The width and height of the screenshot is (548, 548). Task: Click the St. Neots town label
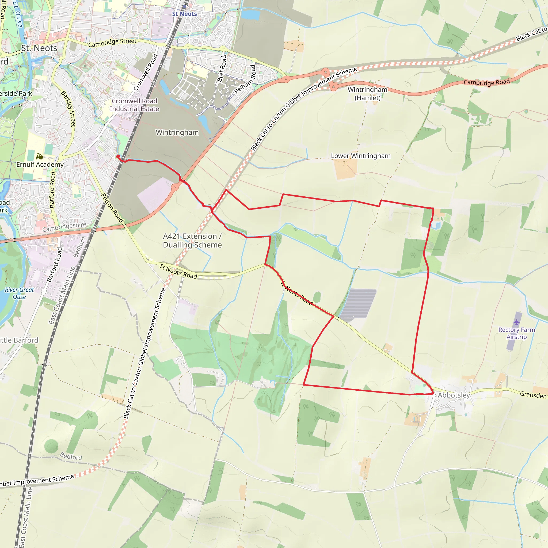(39, 48)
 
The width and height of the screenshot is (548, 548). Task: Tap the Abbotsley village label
(454, 395)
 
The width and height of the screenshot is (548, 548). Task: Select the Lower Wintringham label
(360, 156)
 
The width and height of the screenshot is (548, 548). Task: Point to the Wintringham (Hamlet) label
(367, 94)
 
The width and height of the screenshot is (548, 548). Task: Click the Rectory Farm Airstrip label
(516, 333)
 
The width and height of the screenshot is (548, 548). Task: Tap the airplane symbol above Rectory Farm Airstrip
(516, 322)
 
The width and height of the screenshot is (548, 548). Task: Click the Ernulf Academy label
(40, 165)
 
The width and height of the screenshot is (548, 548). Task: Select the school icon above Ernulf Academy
(40, 156)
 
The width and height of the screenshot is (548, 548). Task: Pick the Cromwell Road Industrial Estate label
(134, 105)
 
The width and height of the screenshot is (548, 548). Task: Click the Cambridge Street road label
(112, 43)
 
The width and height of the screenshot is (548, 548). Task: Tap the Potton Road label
(112, 208)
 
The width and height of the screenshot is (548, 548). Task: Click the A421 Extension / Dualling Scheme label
(192, 241)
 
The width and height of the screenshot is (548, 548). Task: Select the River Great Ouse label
(19, 293)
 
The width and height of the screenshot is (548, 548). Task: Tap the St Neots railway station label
(184, 14)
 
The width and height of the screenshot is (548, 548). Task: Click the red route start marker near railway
(118, 156)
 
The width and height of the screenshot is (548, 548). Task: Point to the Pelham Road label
(245, 79)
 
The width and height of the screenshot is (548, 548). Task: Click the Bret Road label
(222, 69)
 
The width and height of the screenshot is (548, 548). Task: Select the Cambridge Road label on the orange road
(486, 82)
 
